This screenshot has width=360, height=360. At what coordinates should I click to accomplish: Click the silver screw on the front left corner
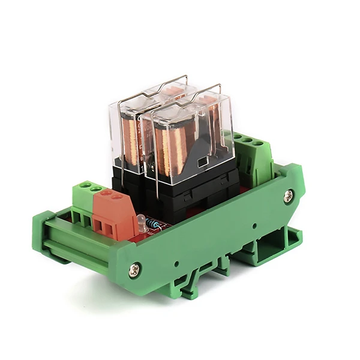134,271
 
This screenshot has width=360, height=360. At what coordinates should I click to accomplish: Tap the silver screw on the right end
289,196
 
